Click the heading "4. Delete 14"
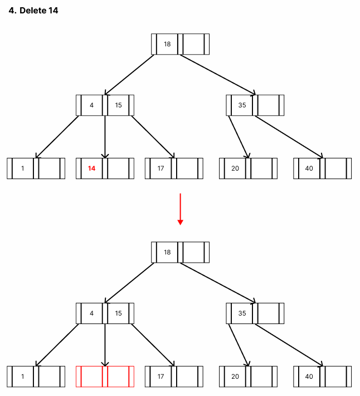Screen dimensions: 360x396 click(x=33, y=11)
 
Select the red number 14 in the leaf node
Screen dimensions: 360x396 click(x=92, y=168)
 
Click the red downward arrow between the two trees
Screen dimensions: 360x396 click(x=180, y=209)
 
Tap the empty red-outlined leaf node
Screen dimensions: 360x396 click(x=105, y=376)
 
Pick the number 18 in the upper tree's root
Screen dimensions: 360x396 click(x=167, y=44)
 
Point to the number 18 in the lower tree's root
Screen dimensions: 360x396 click(x=167, y=252)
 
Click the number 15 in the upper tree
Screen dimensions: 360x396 click(x=119, y=105)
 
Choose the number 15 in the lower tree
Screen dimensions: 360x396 click(x=119, y=313)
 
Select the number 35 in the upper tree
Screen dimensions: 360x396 click(x=242, y=105)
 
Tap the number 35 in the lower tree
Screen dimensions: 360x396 click(x=242, y=313)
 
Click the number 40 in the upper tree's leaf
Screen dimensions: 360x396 click(x=309, y=168)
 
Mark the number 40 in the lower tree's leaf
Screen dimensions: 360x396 click(x=309, y=376)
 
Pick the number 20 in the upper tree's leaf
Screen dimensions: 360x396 click(x=235, y=168)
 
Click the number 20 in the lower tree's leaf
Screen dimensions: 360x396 click(x=235, y=376)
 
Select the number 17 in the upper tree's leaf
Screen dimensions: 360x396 click(x=160, y=168)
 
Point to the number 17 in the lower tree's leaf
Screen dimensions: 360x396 click(x=160, y=376)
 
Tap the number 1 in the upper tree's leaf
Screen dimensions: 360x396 click(x=23, y=168)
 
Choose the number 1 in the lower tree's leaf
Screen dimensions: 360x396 click(x=23, y=376)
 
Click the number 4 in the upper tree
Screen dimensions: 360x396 click(x=92, y=105)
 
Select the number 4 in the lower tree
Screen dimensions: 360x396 click(x=92, y=313)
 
